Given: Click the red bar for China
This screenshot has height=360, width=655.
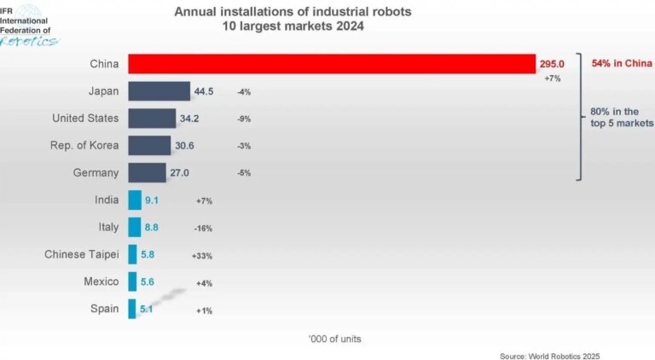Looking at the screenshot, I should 333,64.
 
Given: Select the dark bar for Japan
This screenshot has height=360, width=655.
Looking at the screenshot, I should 159,91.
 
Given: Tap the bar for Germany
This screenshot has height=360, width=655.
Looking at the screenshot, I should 147,172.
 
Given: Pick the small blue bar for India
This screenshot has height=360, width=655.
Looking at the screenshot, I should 135,200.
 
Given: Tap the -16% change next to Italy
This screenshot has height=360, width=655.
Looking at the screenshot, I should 203,229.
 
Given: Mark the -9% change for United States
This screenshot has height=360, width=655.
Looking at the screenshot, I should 244,119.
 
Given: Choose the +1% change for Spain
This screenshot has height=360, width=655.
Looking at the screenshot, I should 204,311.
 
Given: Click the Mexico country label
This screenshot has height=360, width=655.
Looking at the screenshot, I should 101,281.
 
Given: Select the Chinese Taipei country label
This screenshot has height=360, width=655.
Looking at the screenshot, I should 82,254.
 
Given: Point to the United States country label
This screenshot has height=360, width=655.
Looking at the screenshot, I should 85,119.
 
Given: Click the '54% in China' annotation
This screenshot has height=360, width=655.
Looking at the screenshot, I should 621,64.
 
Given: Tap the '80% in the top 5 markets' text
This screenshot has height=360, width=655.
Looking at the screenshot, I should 620,118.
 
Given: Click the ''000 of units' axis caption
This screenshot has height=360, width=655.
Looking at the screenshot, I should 334,339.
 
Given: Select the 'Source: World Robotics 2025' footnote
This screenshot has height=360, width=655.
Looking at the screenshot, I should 555,354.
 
